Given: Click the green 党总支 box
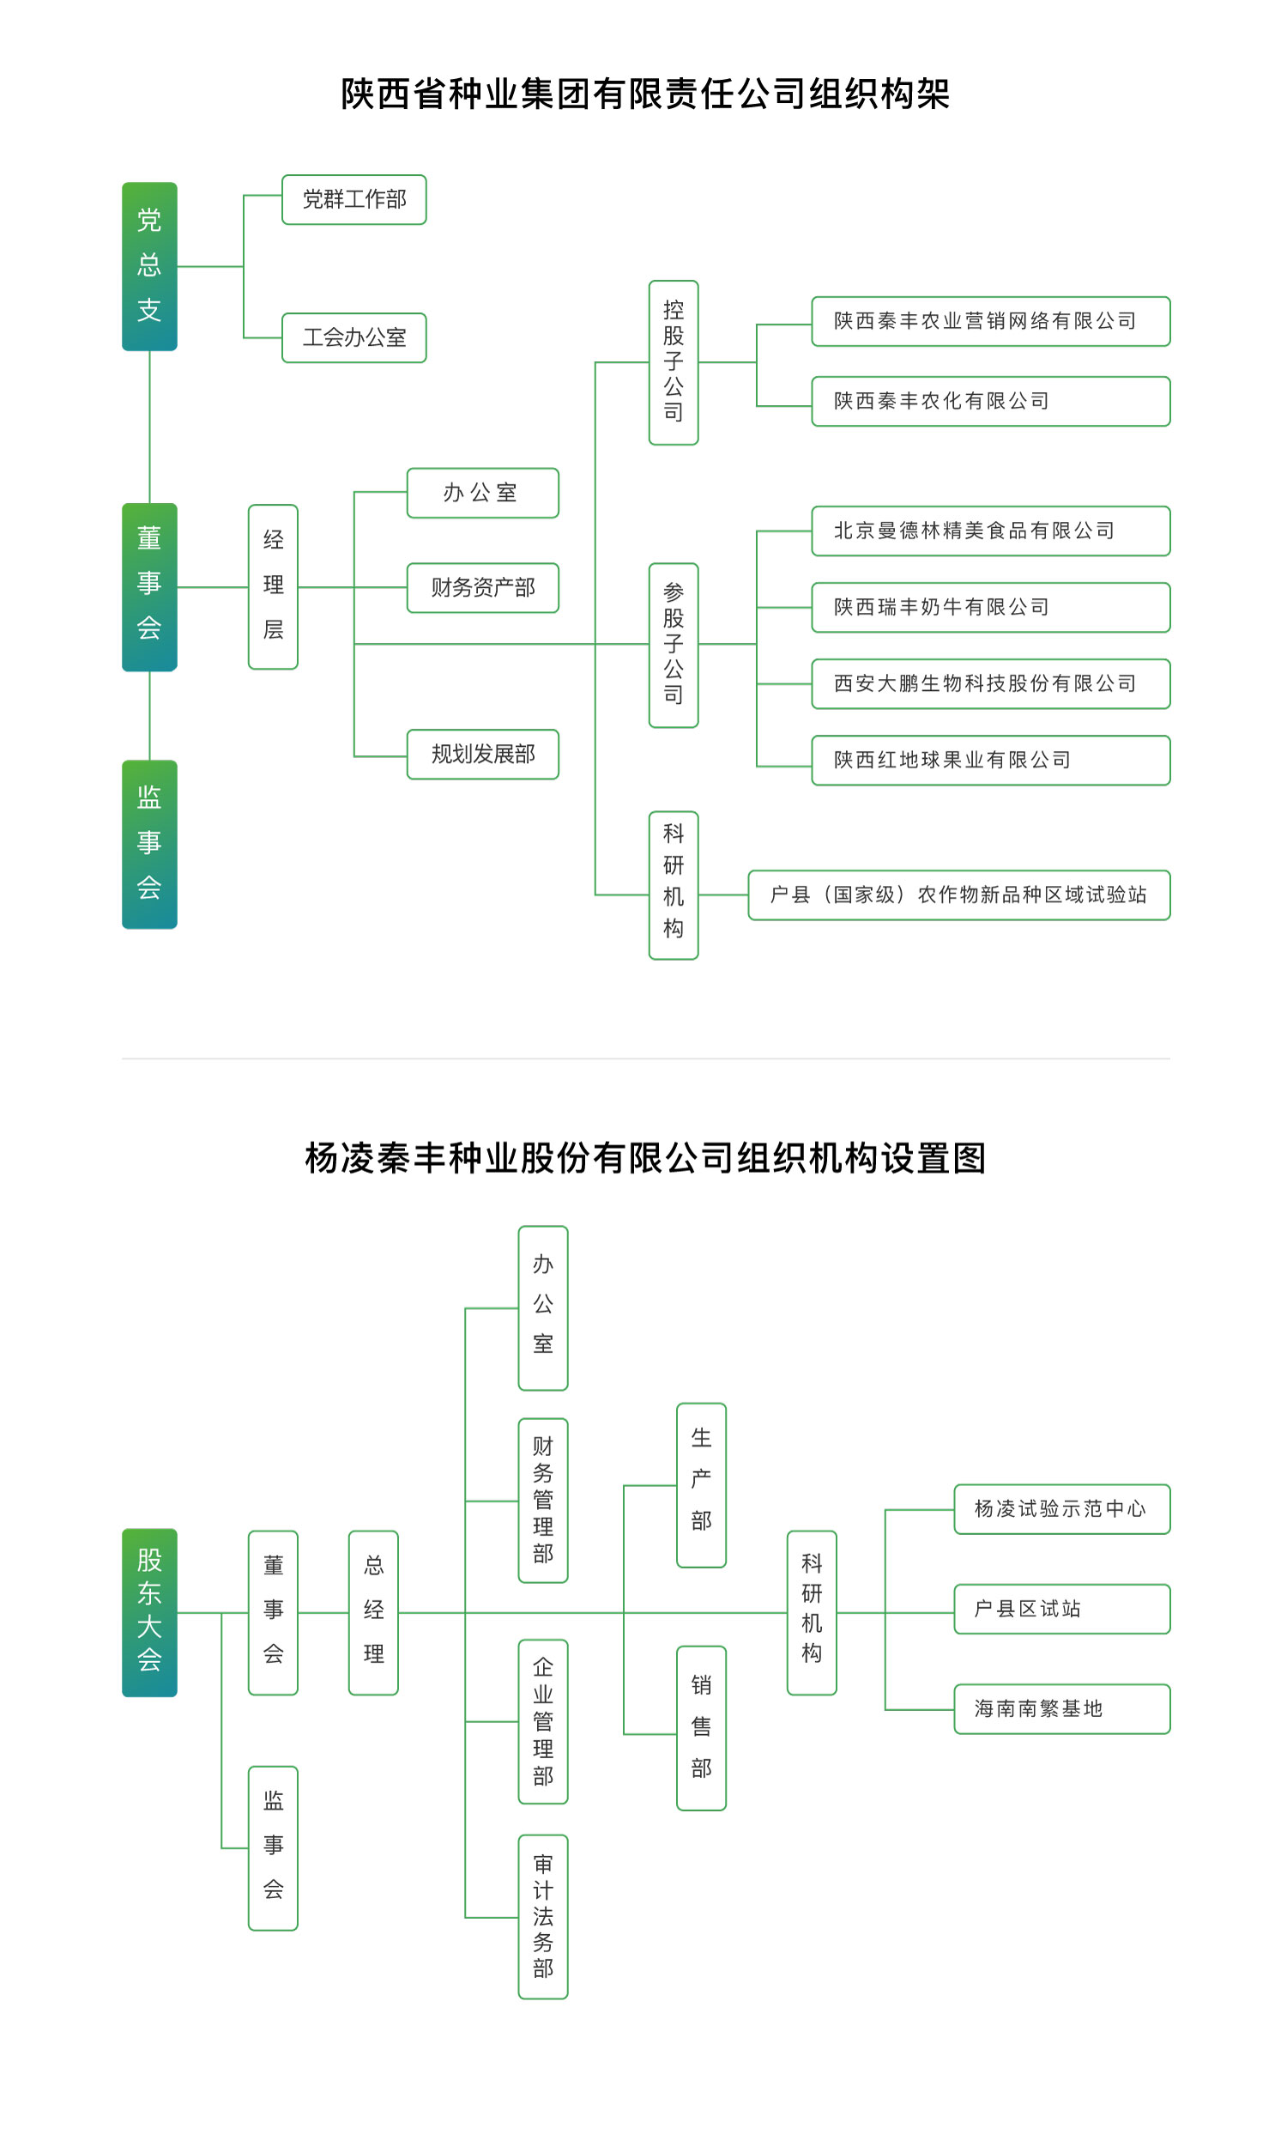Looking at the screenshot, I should pos(149,266).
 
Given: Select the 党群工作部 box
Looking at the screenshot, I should pos(353,199).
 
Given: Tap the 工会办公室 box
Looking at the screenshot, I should pos(353,337).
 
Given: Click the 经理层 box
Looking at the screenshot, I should pos(273,586).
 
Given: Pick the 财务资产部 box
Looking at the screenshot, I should pos(482,587).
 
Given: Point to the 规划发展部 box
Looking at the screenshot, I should pos(482,754).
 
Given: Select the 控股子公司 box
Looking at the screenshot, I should pos(673,361).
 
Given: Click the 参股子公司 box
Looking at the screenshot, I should pos(673,645).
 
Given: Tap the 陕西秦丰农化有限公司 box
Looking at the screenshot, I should pos(989,401).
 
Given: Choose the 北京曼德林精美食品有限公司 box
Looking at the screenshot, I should pos(989,530).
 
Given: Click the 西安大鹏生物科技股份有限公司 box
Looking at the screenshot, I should pos(989,683).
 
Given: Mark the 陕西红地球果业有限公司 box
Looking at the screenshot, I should pos(989,760).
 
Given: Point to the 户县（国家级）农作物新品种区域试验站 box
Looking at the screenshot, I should pos(958,895).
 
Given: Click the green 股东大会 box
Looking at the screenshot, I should pos(149,1612).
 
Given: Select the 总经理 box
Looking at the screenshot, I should pos(373,1612).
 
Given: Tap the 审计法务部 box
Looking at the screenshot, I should pos(543,1916).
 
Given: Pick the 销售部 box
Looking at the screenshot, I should pos(701,1727).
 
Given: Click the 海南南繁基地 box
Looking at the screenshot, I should pos(1061,1709).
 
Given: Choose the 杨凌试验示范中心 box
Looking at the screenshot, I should pos(1061,1508).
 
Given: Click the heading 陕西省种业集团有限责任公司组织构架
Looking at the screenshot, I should pos(644,94).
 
